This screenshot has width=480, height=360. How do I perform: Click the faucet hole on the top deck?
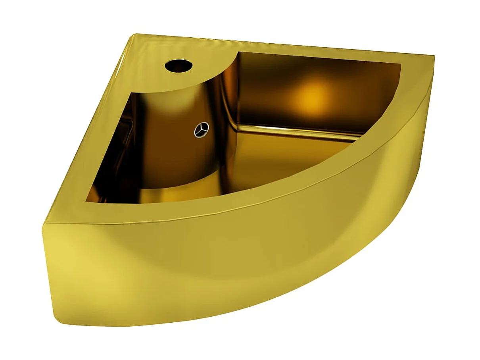pos(179,65)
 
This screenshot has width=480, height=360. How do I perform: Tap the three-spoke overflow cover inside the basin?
pos(202,130)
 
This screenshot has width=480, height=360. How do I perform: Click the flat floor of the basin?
pos(278,159)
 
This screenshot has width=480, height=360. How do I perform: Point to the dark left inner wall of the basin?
pos(115,159)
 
